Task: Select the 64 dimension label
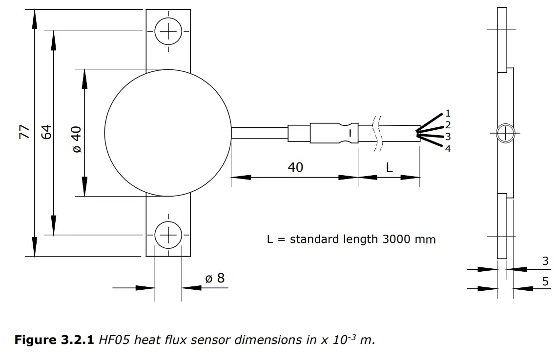click(x=45, y=132)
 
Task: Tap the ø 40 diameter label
click(x=77, y=140)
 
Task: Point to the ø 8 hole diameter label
click(x=215, y=279)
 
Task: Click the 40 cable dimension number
click(x=295, y=167)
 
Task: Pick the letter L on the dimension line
click(x=389, y=167)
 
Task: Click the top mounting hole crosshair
click(x=168, y=33)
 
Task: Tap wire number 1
click(x=448, y=114)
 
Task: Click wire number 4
click(x=448, y=149)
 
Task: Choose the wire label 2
click(x=448, y=125)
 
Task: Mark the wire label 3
click(x=448, y=137)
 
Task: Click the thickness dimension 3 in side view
click(x=545, y=261)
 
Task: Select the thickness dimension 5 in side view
click(x=545, y=281)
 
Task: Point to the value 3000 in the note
click(x=397, y=240)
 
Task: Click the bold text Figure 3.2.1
click(x=54, y=340)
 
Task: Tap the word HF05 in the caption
click(x=114, y=340)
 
